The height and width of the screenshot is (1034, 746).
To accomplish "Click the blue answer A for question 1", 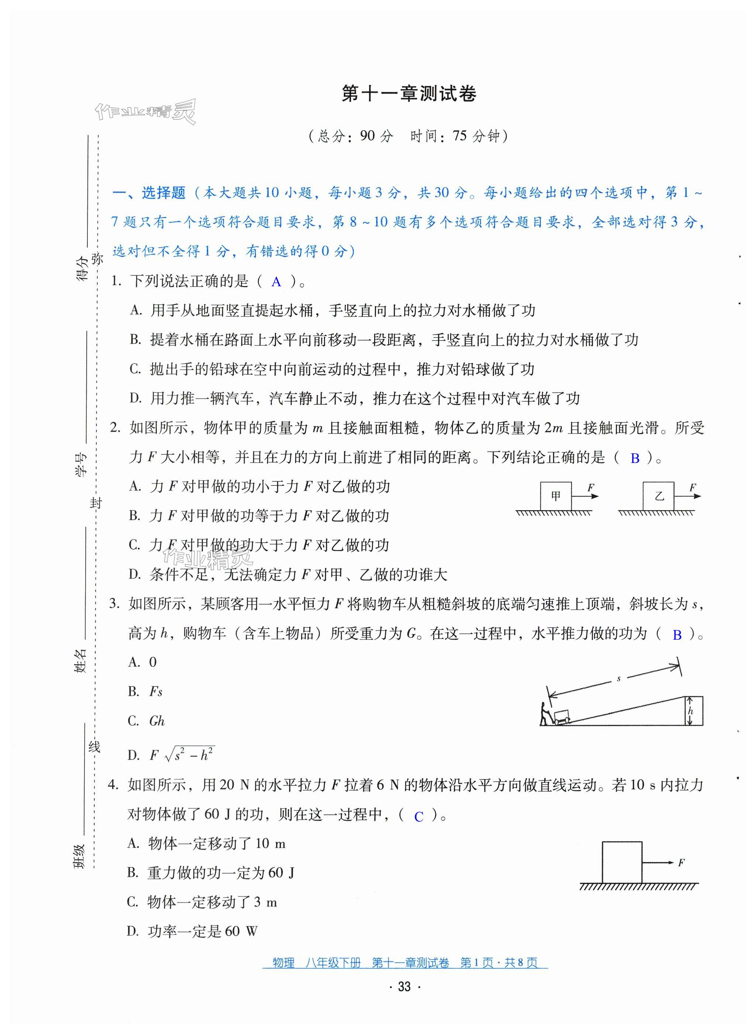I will (x=276, y=282).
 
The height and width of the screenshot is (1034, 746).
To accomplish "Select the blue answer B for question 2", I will (x=634, y=459).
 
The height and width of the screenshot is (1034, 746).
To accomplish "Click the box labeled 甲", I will (x=555, y=496).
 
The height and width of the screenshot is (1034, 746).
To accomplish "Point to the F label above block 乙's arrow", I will (x=692, y=487).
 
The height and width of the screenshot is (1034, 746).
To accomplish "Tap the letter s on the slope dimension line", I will (x=619, y=679).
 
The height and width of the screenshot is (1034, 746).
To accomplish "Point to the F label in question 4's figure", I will (x=681, y=862).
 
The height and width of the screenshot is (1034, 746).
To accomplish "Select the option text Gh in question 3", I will (x=156, y=721).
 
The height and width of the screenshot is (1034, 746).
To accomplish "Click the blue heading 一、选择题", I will (x=149, y=193).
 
